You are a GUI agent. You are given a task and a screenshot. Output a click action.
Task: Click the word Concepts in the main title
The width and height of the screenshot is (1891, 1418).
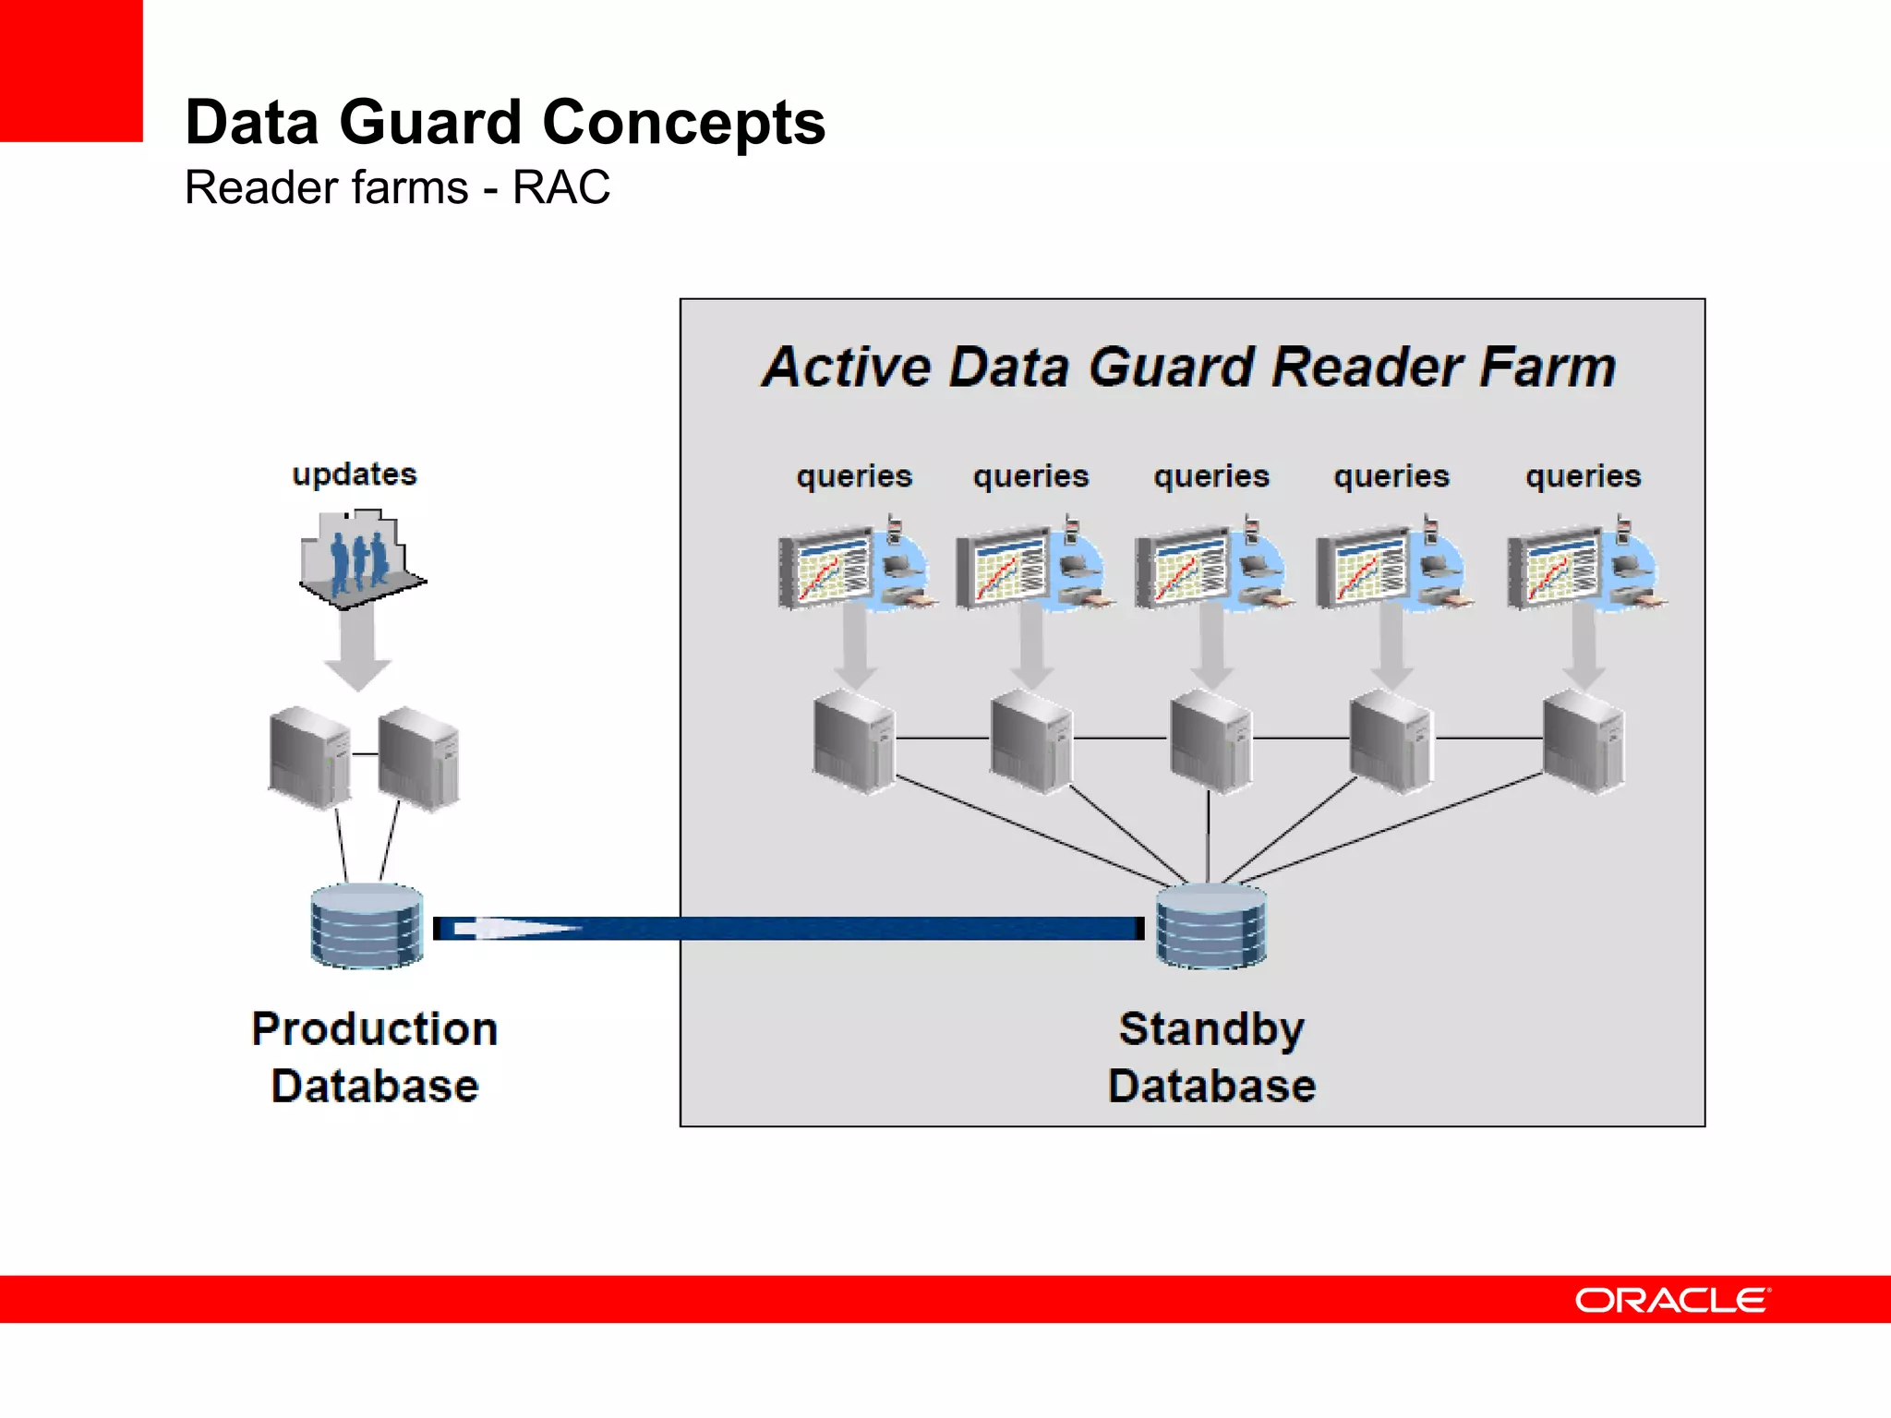[x=683, y=124]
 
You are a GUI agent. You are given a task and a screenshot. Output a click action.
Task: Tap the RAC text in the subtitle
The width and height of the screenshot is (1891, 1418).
[x=560, y=188]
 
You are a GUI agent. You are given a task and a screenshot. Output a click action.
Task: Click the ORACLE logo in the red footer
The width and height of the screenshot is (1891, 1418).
[x=1672, y=1300]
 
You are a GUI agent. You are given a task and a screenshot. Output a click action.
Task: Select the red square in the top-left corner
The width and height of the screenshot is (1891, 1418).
[x=70, y=70]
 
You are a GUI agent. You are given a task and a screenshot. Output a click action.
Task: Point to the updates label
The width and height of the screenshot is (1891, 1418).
[x=355, y=475]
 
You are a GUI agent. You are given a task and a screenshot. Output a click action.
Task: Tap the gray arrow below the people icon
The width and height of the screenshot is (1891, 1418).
[x=358, y=651]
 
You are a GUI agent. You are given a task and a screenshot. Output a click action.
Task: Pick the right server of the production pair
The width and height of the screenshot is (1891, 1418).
[x=419, y=759]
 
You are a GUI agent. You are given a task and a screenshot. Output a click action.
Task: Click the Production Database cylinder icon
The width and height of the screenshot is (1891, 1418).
[x=367, y=926]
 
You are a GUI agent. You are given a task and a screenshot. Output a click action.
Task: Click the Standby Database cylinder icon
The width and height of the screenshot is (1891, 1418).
[x=1210, y=926]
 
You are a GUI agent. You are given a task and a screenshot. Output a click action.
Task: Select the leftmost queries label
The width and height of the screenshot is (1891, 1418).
[x=854, y=477]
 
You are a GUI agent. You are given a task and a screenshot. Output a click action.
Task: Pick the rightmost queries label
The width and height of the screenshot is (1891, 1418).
[x=1583, y=477]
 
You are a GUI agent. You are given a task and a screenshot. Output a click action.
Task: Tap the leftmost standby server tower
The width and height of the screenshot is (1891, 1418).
[x=854, y=743]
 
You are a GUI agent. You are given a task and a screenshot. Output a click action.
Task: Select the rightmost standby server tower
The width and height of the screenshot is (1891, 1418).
[x=1583, y=743]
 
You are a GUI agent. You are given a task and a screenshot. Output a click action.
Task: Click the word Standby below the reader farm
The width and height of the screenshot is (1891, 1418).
[x=1211, y=1029]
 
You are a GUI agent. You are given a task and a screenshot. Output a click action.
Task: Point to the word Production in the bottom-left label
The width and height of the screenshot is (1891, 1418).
[x=375, y=1029]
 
